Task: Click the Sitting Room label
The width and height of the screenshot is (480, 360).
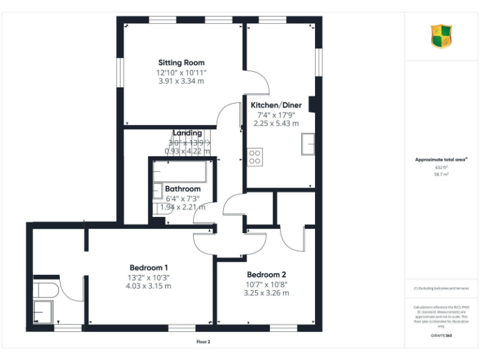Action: (181, 62)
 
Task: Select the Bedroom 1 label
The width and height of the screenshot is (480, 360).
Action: (149, 267)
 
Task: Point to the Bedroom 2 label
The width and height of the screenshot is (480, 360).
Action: (266, 274)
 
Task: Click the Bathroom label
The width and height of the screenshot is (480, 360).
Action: (182, 189)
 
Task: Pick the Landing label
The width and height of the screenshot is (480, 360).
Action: (187, 133)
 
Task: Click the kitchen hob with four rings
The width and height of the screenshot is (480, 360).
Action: (255, 156)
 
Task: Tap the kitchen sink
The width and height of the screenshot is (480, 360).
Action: (307, 144)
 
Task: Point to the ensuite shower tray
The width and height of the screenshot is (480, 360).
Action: (43, 311)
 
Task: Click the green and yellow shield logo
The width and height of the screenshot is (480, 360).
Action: (441, 36)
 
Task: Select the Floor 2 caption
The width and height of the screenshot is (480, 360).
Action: (204, 342)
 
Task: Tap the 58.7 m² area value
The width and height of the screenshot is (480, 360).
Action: (441, 174)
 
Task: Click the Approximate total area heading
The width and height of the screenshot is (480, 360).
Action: (441, 160)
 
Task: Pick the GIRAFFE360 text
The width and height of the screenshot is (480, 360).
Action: (441, 336)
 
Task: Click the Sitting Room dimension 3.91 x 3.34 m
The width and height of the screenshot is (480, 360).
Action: (181, 81)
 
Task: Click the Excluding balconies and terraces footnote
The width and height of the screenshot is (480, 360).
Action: (441, 288)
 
